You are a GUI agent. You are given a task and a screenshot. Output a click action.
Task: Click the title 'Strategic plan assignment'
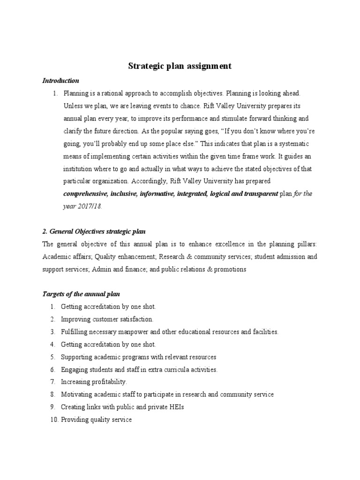coord(180,66)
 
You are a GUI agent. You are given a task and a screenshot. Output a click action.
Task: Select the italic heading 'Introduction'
coord(60,81)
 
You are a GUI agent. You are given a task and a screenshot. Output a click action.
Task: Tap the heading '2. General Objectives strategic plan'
coord(94,232)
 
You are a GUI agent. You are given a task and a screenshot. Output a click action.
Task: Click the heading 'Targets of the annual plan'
coord(81,294)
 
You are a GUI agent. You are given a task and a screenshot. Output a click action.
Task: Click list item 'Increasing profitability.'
coord(94,382)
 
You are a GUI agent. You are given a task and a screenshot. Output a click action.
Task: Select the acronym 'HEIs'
coord(176,407)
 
